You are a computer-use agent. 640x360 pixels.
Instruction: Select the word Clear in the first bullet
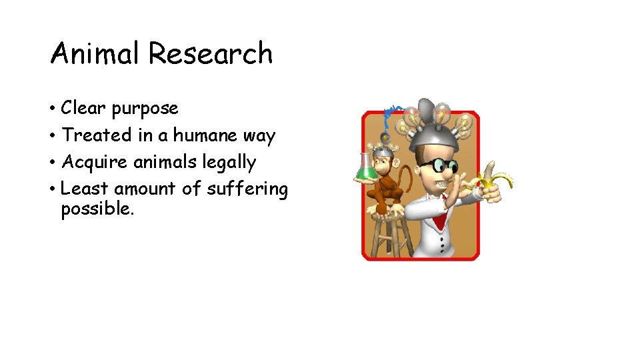83,108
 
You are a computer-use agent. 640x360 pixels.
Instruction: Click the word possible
97,210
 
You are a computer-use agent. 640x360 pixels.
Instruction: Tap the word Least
84,189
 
